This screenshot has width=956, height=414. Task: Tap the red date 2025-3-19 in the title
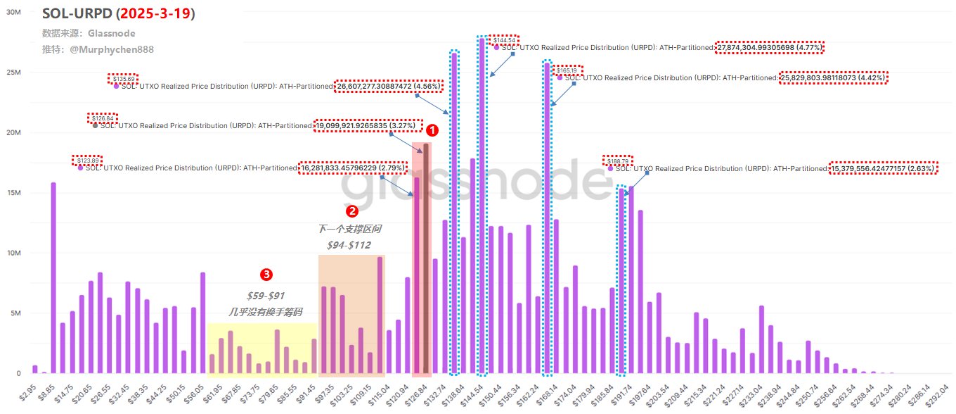tap(155, 13)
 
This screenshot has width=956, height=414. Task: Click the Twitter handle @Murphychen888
tap(112, 49)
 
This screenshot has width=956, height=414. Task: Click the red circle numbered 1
tap(432, 130)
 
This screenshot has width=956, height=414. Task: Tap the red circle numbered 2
tap(352, 211)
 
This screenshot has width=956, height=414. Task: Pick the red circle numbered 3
tap(266, 273)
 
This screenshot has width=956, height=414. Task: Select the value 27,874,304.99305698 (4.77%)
tap(770, 48)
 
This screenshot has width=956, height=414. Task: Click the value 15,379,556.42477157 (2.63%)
tap(883, 169)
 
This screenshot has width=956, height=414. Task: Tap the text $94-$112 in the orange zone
tap(349, 245)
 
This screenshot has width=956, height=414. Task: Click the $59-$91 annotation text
tap(266, 296)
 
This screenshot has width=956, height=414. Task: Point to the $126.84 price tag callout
tap(103, 118)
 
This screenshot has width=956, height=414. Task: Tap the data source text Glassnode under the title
tap(111, 33)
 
